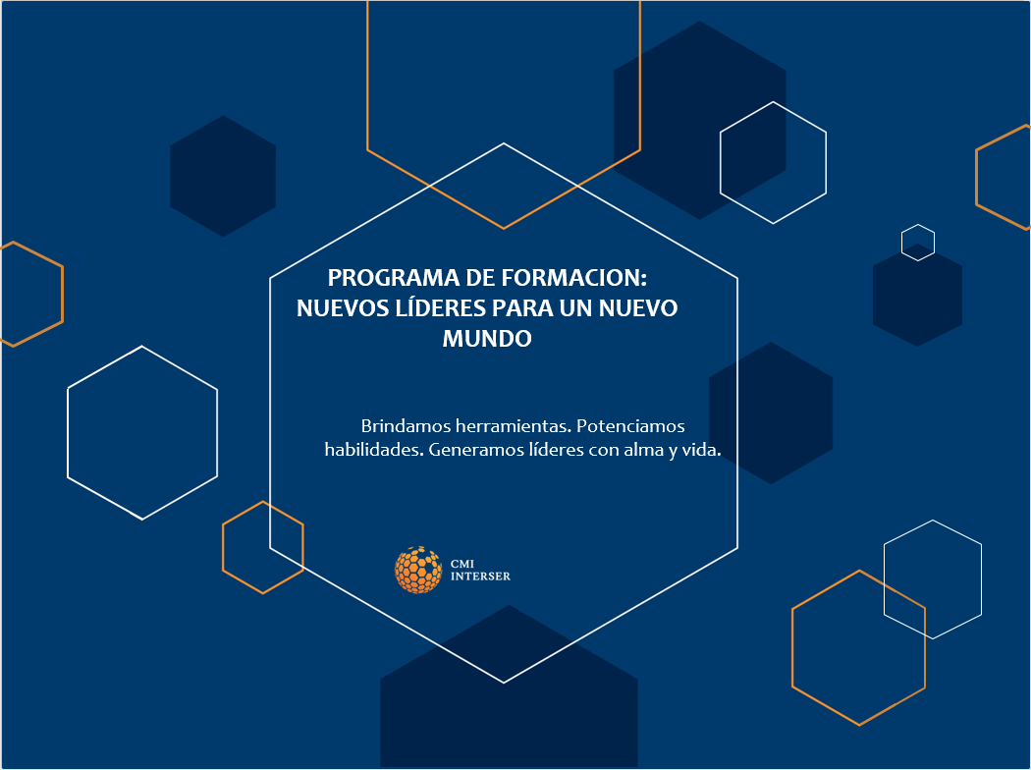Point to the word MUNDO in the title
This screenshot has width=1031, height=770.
[x=487, y=339]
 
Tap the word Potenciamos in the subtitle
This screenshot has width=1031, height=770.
[x=630, y=426]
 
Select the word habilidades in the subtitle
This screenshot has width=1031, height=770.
[x=374, y=450]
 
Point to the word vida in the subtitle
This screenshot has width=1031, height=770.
[x=701, y=450]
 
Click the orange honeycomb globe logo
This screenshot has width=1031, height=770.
[x=418, y=570]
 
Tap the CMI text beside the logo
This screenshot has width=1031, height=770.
[x=462, y=564]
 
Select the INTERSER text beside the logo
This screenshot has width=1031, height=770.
[x=480, y=576]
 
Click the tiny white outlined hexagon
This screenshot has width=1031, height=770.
[x=918, y=224]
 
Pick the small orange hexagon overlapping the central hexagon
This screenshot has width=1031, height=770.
[x=263, y=502]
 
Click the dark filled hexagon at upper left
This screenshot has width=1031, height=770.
[x=223, y=176]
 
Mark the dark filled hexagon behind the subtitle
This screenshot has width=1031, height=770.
[x=771, y=412]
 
